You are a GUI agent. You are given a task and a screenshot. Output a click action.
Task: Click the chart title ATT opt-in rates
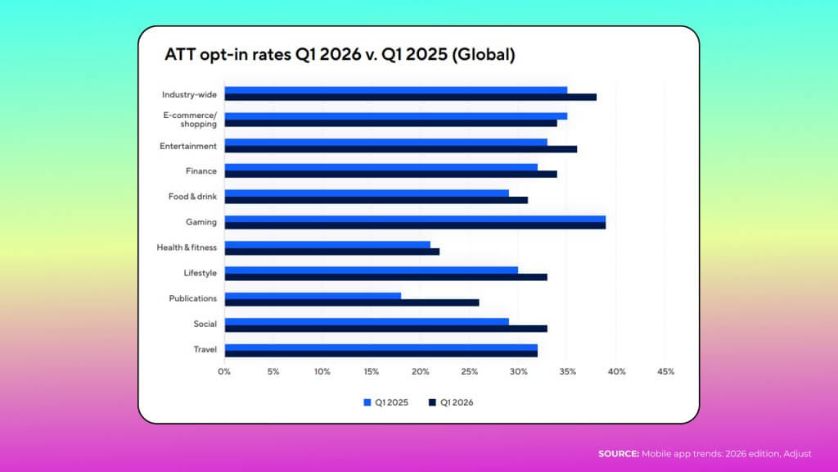pos(340,55)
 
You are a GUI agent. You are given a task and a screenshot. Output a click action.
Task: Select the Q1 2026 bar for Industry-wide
pos(411,98)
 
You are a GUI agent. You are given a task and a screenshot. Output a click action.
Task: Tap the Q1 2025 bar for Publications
pos(313,296)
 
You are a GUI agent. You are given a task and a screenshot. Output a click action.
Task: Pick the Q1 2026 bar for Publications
pos(352,303)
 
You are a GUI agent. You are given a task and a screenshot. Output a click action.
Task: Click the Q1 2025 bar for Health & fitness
pos(327,244)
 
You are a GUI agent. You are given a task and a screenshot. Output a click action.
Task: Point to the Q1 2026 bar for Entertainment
pos(401,149)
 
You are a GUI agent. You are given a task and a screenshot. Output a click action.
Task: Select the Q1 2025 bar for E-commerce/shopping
pos(396,116)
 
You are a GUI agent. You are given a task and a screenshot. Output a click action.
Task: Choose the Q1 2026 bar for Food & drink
pos(376,200)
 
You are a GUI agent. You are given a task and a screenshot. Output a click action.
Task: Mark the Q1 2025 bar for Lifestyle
pos(372,270)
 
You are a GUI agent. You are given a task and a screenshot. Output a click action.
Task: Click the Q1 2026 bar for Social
pos(386,329)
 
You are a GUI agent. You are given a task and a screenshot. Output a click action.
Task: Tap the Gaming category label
pos(201,222)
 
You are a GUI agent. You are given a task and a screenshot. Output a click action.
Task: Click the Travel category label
pos(205,349)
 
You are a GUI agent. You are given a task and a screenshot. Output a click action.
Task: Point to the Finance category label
pos(201,171)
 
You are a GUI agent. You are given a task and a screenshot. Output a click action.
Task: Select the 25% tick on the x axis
pos(469,371)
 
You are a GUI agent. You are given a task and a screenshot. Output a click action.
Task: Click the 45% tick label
pos(665,371)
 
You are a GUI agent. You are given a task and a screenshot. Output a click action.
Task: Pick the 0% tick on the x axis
pos(224,371)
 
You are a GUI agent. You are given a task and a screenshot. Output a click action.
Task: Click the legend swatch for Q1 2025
pos(367,402)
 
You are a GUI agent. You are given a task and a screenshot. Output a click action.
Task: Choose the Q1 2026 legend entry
pos(451,402)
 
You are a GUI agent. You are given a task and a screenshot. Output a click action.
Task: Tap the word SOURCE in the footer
pos(619,454)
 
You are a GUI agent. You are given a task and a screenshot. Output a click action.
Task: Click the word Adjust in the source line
pos(797,454)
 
